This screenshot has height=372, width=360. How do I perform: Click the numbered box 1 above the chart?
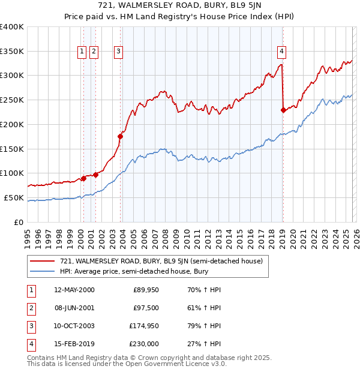tap(82, 52)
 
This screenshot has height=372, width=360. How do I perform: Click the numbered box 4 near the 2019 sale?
tap(281, 52)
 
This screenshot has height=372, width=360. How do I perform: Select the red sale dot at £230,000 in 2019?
tap(283, 109)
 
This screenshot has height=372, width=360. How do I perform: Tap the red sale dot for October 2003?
tap(120, 136)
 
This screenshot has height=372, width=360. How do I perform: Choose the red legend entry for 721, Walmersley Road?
tap(161, 261)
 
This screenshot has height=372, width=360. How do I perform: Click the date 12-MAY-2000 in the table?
tap(74, 290)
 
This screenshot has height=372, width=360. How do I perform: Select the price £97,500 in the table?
tap(146, 308)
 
